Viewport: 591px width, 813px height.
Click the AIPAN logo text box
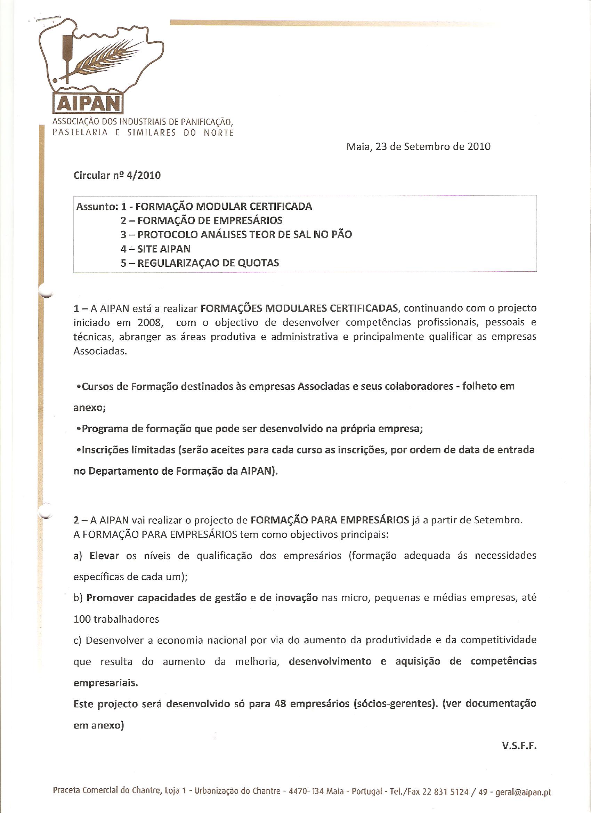pyautogui.click(x=88, y=104)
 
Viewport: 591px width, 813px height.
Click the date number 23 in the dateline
pyautogui.click(x=381, y=147)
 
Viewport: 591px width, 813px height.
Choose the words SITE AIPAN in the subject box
pyautogui.click(x=164, y=249)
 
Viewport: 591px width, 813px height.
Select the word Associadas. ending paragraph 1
pyautogui.click(x=100, y=351)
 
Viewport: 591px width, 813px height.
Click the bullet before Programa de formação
pyautogui.click(x=79, y=429)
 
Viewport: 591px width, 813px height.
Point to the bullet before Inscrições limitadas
pyautogui.click(x=79, y=450)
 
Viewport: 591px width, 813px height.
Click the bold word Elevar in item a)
pyautogui.click(x=104, y=556)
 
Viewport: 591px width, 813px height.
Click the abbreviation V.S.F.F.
pyautogui.click(x=519, y=746)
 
